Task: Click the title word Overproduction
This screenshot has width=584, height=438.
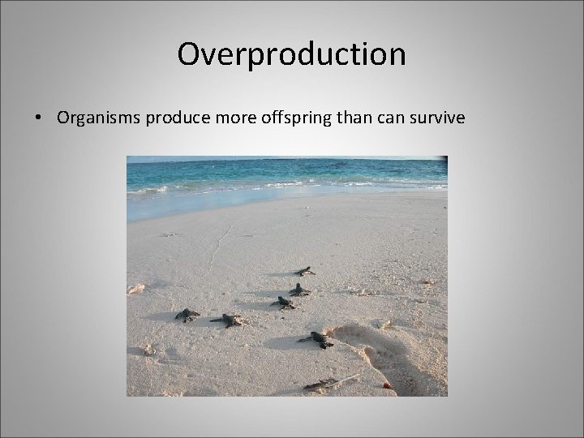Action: [291, 55]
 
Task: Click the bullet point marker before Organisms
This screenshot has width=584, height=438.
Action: [39, 118]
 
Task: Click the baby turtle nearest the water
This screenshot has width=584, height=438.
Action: [305, 271]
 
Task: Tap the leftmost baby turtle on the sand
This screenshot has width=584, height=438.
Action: [187, 315]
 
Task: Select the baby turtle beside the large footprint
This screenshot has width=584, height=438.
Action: [316, 339]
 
